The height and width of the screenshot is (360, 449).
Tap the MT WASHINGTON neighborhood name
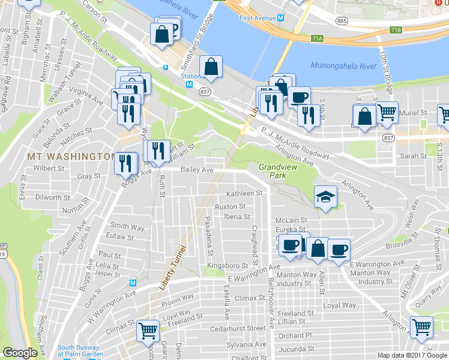click(x=70, y=156)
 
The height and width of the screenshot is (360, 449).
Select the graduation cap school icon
click(x=325, y=197)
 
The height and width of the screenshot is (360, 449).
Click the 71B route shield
click(x=395, y=29)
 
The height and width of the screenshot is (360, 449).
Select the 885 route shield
click(x=342, y=21)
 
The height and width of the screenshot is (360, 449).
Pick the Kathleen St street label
click(x=244, y=194)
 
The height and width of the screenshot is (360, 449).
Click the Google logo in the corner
click(x=20, y=353)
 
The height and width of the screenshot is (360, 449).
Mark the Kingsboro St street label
click(x=228, y=265)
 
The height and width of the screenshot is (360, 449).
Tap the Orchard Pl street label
click(x=295, y=335)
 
